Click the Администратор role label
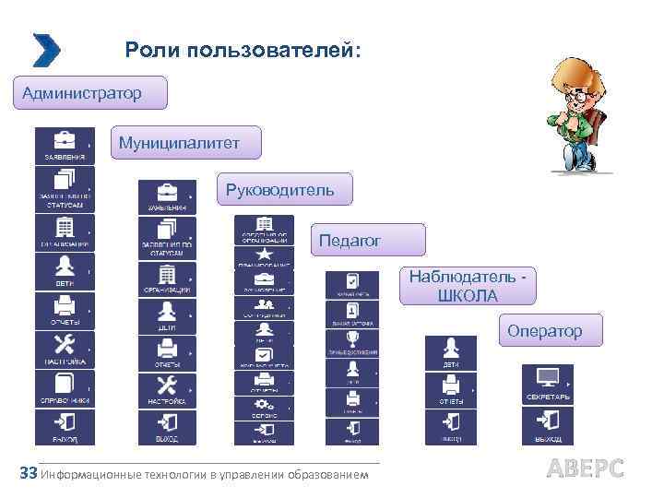[x=89, y=93]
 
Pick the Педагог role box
[x=367, y=240]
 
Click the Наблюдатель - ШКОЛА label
[x=467, y=286]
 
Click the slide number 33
[x=28, y=473]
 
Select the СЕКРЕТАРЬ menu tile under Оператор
[x=548, y=384]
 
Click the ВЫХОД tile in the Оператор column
[x=548, y=424]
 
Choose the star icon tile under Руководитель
[x=264, y=255]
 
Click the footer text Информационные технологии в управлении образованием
[x=205, y=475]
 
